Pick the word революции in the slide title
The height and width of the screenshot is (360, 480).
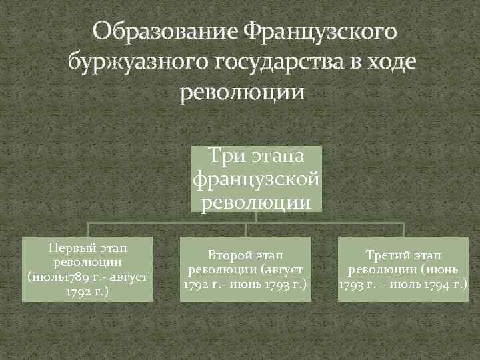pyautogui.click(x=241, y=92)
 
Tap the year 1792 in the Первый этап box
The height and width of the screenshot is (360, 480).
pyautogui.click(x=79, y=291)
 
